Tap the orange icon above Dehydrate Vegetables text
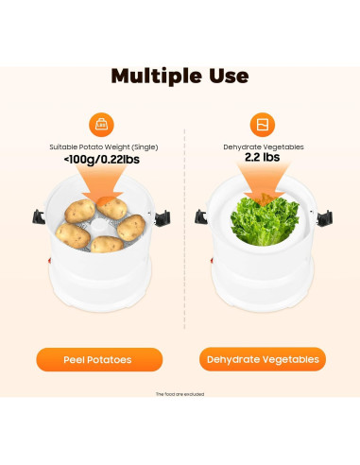point(262,124)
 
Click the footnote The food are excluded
point(180,394)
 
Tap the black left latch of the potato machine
point(41,218)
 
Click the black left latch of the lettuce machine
point(201,218)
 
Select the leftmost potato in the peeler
point(73,232)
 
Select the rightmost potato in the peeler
point(131,228)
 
